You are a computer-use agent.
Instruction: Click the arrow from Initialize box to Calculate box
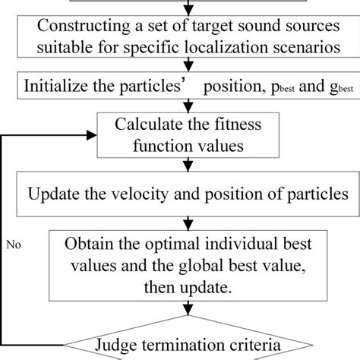click(x=180, y=103)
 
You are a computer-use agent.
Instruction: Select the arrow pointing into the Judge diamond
click(x=180, y=319)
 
